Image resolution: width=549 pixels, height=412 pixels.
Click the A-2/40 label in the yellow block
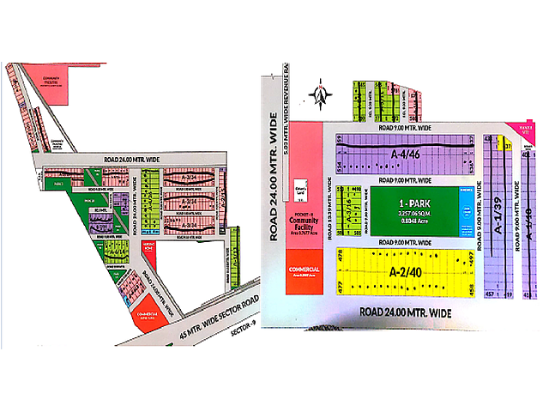tap(403, 274)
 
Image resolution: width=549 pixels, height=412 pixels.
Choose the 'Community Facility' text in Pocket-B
tap(304, 225)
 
